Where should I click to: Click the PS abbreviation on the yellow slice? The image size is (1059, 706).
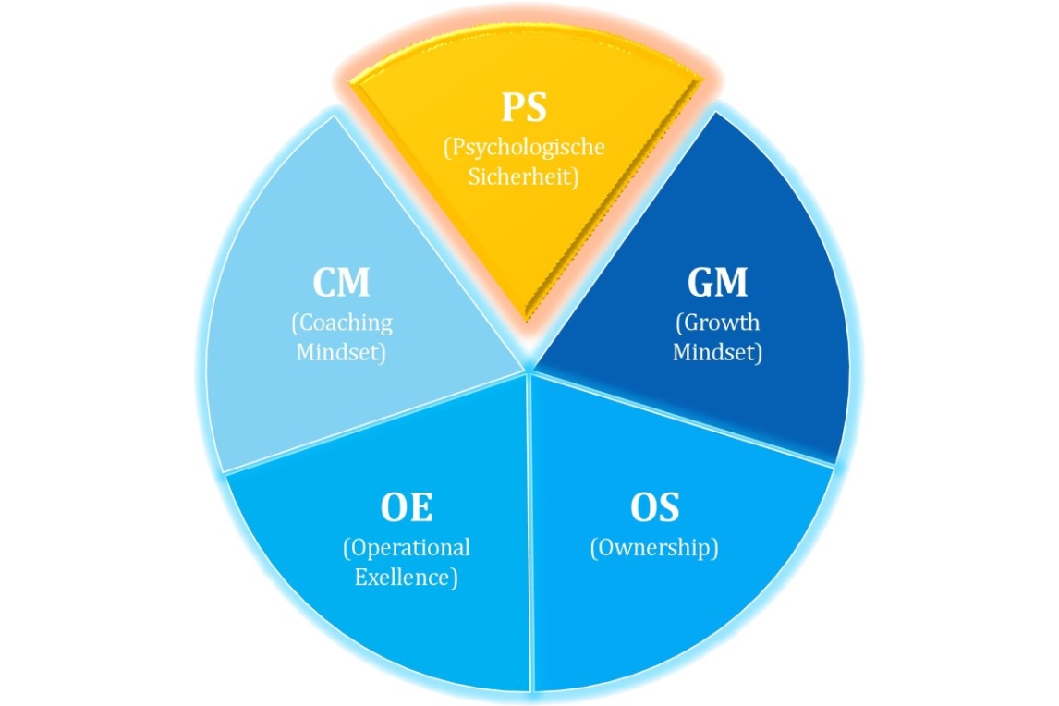point(524,107)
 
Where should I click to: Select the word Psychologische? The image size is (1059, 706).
point(525,148)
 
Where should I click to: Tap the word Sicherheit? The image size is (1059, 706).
point(525,176)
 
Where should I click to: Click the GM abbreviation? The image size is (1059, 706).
point(717,283)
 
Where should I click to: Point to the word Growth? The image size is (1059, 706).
point(718,323)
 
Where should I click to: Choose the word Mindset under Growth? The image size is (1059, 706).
point(717,352)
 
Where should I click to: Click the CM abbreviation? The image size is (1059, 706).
point(341,283)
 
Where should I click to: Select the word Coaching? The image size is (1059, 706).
point(342,323)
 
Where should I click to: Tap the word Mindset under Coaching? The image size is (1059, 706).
point(341,352)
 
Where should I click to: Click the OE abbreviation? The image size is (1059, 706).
point(406,507)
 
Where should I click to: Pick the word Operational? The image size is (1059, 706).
point(407,547)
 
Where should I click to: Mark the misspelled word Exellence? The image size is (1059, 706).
point(407,578)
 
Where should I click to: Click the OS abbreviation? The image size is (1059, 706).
point(654,507)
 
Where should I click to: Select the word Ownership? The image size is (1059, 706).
point(654,547)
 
